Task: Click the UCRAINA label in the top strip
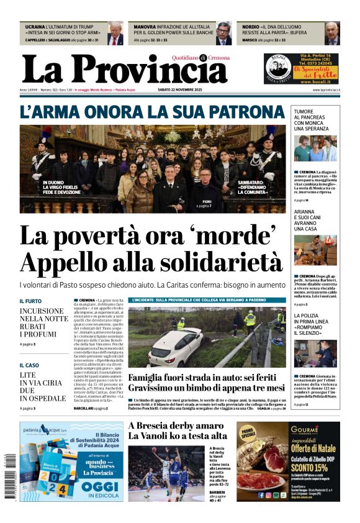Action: pos(35,27)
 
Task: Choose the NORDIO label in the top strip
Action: pos(251,27)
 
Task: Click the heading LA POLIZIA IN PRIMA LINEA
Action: pos(315,321)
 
